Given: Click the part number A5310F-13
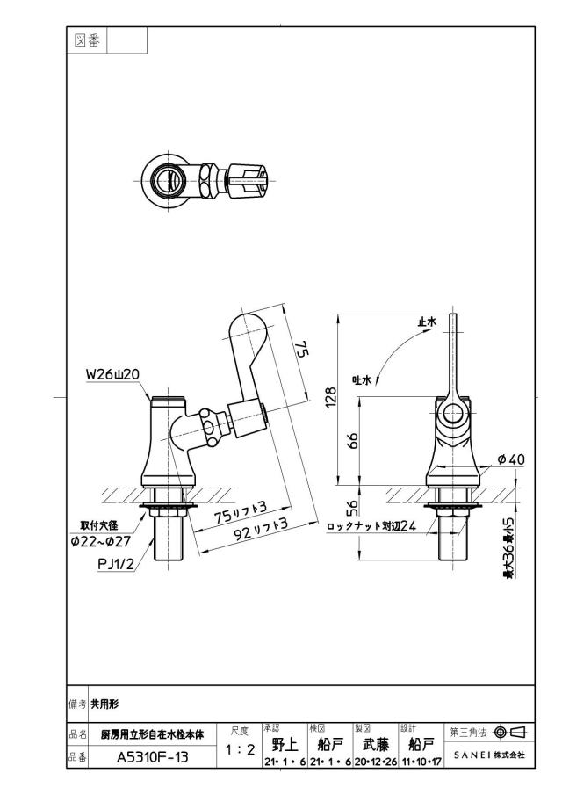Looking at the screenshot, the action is [x=152, y=757].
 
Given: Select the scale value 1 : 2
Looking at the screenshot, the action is [x=240, y=749].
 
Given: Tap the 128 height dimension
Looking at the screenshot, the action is [x=330, y=399].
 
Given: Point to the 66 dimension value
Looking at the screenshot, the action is [x=353, y=439].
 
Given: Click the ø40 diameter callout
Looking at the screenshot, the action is [x=511, y=459].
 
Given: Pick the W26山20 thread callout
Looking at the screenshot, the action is [x=112, y=374].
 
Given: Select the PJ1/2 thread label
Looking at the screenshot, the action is [x=116, y=564].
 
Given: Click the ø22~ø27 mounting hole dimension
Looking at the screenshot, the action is [x=101, y=541].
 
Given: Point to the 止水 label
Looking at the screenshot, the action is [x=427, y=322].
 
